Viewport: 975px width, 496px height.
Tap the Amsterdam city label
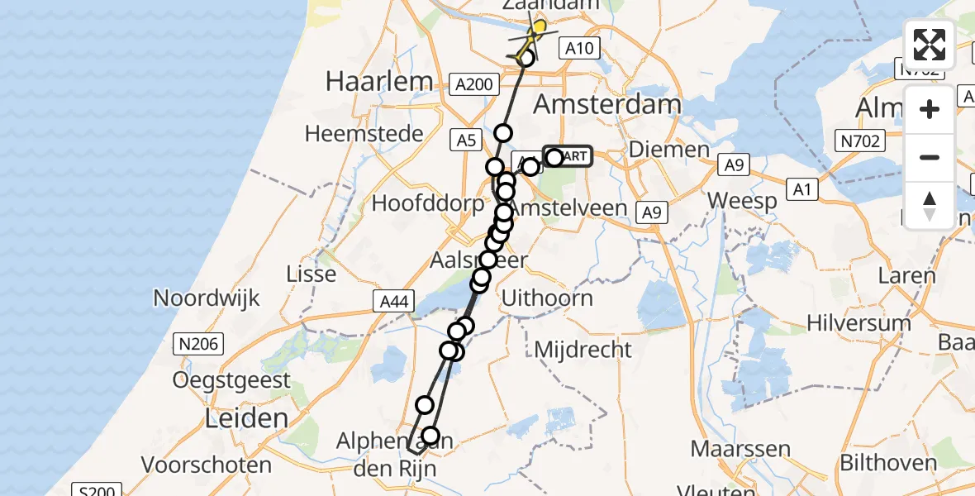tap(607, 104)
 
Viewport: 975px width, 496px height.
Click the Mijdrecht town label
tap(583, 350)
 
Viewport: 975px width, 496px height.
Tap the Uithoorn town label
tap(547, 298)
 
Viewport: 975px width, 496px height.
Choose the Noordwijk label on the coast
tap(207, 298)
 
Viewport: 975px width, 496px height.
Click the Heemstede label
tap(364, 133)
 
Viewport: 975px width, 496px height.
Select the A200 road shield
tap(475, 84)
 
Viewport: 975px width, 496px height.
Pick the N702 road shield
tap(859, 141)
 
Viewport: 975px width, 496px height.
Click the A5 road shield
tap(467, 141)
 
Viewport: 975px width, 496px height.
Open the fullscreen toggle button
tap(930, 45)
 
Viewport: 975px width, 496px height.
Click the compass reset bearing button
tap(930, 205)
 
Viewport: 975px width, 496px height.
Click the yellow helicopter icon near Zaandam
tap(535, 35)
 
